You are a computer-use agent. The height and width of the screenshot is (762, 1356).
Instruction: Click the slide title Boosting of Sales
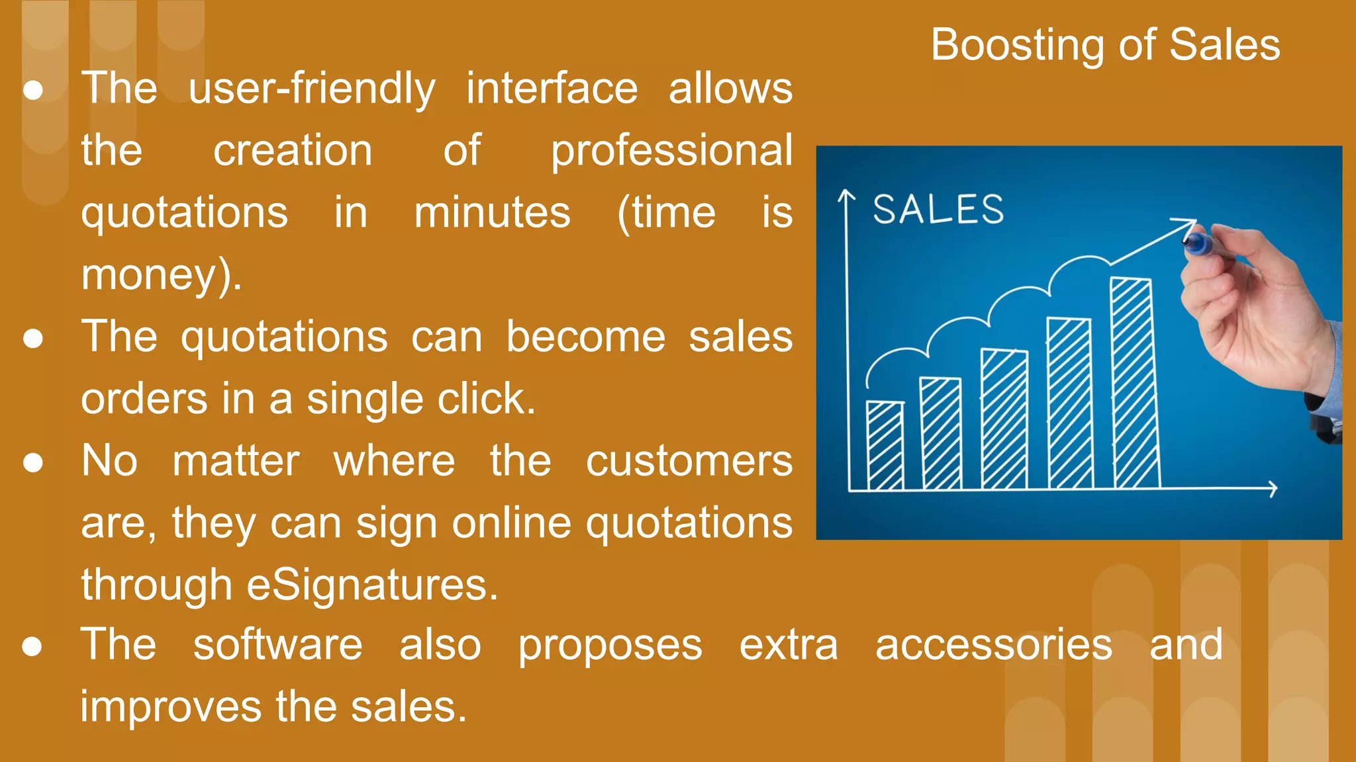click(1105, 45)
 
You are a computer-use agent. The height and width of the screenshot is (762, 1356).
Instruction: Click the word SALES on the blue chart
click(938, 210)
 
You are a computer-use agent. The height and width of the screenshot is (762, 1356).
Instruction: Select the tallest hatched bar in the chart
click(1134, 384)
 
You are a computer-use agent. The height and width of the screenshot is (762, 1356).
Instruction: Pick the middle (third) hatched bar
click(1004, 419)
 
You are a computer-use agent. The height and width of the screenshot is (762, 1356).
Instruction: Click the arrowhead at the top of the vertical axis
click(846, 196)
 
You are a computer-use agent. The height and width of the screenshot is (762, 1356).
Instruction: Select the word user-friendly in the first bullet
click(312, 89)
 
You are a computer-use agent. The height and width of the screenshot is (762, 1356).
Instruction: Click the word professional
click(671, 151)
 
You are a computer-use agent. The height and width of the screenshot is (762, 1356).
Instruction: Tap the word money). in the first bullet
click(162, 275)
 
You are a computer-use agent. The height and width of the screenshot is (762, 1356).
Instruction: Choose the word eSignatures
click(372, 585)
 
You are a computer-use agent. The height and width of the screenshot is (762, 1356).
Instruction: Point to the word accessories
click(993, 645)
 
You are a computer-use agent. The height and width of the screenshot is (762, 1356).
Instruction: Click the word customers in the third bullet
click(689, 461)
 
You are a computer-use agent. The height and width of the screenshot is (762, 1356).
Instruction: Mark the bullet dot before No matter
click(33, 462)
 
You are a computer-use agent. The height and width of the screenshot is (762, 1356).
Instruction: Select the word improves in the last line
click(171, 707)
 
